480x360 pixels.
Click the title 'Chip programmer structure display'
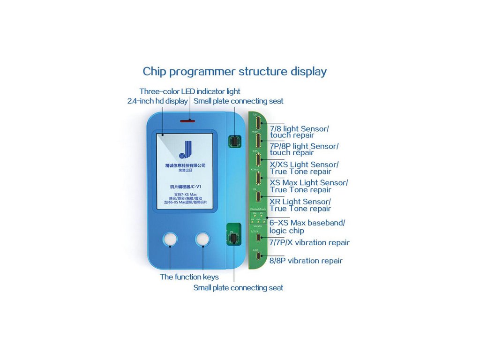point(234,72)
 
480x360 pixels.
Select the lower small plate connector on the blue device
point(232,240)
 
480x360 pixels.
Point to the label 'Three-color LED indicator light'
point(189,91)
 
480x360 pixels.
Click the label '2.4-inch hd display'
point(157,101)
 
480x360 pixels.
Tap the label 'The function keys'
point(189,277)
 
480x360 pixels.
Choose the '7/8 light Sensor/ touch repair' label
point(299,132)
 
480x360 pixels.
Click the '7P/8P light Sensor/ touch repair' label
point(304,149)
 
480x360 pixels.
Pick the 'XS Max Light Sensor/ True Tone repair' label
point(308,186)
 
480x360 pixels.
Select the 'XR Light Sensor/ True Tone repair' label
point(300,205)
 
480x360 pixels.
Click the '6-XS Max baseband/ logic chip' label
point(307,227)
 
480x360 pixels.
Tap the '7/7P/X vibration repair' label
point(309,243)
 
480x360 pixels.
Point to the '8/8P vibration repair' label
point(306,261)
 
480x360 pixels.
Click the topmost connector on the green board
point(257,123)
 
